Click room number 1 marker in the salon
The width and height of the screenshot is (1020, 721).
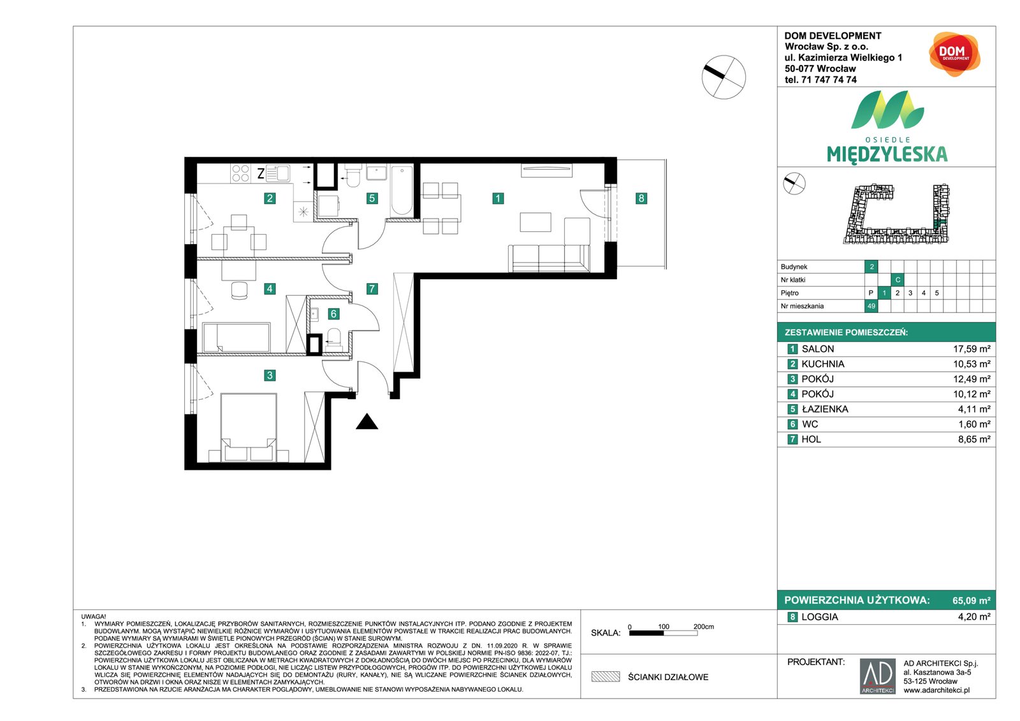(498, 198)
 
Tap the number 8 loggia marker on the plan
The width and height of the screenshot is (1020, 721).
(641, 198)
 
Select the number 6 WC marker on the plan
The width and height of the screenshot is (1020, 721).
(333, 314)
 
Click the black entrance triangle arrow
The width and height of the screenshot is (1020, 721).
(367, 422)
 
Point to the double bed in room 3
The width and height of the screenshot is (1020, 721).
(249, 428)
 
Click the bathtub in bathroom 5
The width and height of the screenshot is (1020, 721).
(402, 191)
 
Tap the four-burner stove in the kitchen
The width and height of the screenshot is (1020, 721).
(240, 173)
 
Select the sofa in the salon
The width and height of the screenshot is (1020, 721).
(549, 258)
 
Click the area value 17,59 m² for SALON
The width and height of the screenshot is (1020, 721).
(972, 349)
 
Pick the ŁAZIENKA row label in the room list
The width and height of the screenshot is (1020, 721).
(825, 409)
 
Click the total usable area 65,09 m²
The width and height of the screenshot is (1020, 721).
(972, 601)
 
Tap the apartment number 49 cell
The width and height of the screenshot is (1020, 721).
(871, 306)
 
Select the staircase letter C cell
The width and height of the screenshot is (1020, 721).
(898, 280)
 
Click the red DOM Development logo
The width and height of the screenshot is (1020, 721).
(954, 54)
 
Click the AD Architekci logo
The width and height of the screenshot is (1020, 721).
(877, 676)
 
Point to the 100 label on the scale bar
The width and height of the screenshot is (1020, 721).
(664, 627)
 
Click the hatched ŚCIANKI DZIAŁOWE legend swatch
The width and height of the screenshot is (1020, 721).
(606, 677)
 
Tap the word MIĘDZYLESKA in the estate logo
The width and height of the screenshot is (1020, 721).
(887, 155)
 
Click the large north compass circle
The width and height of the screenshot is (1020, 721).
(724, 77)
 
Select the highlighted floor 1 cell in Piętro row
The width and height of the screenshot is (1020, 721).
(884, 293)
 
